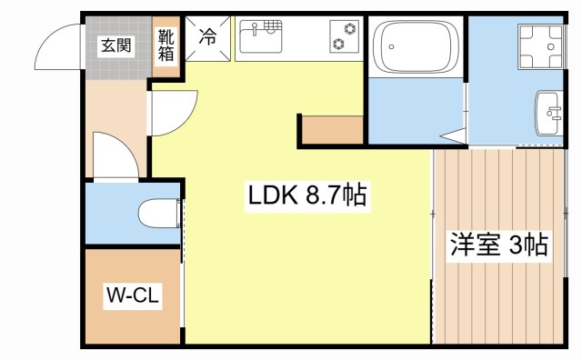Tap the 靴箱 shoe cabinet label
point(166,45)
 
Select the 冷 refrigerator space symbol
point(208,37)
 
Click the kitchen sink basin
point(263,39)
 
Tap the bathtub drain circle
point(390,45)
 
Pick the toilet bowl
point(161,215)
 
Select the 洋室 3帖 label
point(499,245)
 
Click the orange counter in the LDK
point(333,130)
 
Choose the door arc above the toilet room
point(115,160)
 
